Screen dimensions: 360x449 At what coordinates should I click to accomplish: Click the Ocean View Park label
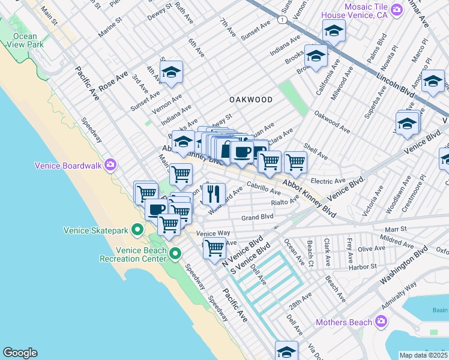(x=25, y=40)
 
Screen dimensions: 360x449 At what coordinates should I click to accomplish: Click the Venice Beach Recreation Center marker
(x=175, y=254)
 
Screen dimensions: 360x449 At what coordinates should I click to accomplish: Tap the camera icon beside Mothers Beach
(x=381, y=322)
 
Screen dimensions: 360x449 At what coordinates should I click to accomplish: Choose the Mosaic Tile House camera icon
(x=396, y=10)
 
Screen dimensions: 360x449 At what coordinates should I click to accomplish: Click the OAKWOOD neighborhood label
(x=251, y=100)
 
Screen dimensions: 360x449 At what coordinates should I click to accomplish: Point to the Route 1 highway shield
(x=282, y=20)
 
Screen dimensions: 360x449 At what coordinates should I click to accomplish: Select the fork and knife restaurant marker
(x=211, y=194)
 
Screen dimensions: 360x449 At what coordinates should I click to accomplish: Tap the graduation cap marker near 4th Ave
(x=171, y=73)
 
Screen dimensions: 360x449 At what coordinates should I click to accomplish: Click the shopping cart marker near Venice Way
(x=214, y=248)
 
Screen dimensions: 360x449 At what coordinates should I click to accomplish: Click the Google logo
(x=20, y=353)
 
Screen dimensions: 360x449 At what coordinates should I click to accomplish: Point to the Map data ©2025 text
(x=423, y=355)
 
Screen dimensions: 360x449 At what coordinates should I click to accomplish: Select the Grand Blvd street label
(x=258, y=217)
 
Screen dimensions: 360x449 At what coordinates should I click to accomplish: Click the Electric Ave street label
(x=328, y=180)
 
